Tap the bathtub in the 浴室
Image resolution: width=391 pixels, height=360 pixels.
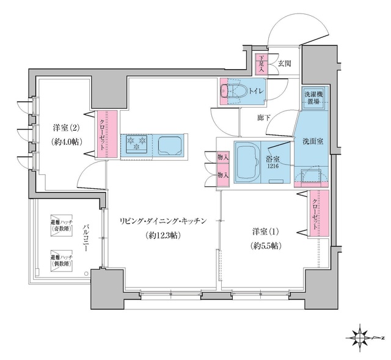247,161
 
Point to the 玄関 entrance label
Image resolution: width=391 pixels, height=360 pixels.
285,62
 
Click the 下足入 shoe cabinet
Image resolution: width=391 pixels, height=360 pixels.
260,62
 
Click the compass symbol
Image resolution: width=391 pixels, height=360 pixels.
363,337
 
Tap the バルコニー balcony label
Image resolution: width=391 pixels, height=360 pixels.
87,238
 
